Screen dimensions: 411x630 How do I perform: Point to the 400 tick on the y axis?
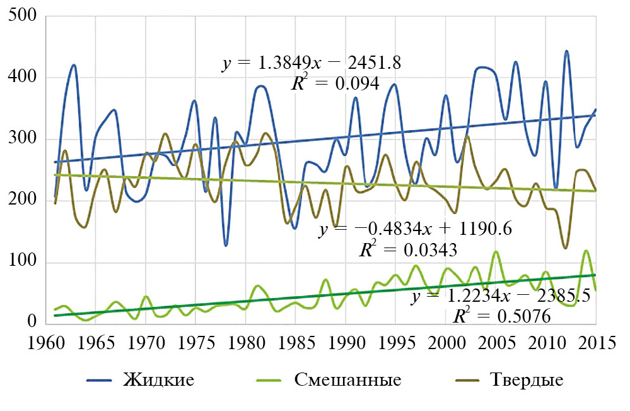click(x=24, y=77)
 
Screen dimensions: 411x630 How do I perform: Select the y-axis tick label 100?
click(x=24, y=263)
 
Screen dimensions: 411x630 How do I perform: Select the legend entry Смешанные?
click(x=347, y=380)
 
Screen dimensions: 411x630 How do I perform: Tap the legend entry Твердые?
click(x=525, y=380)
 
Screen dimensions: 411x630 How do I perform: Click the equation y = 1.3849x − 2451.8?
click(x=312, y=64)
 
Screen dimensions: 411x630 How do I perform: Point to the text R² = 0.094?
click(x=334, y=83)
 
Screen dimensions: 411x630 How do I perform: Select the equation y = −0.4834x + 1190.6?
click(x=415, y=230)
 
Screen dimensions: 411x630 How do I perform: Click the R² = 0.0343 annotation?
click(x=407, y=250)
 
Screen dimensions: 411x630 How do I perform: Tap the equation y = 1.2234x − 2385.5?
click(x=501, y=296)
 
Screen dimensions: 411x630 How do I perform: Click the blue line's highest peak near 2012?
click(x=566, y=51)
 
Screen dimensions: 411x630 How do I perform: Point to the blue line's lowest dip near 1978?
click(x=226, y=245)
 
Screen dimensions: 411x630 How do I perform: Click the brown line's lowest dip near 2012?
click(x=565, y=248)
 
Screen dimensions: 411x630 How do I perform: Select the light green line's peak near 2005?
click(x=496, y=252)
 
